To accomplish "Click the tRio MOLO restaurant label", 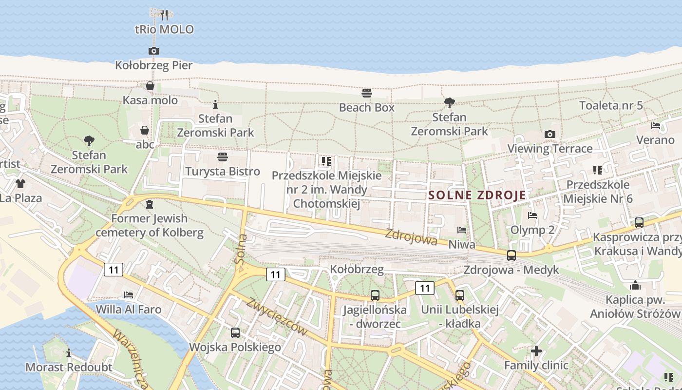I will tap(164, 29).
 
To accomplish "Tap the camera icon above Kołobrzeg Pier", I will tap(153, 51).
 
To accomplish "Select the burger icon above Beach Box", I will tap(367, 93).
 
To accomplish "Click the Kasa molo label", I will tap(150, 100).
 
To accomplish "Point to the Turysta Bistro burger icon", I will tap(223, 157).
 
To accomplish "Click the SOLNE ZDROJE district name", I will tap(477, 195).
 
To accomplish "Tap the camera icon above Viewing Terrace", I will tap(550, 134).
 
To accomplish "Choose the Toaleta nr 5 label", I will tap(611, 105).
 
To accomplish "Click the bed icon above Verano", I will tap(656, 126).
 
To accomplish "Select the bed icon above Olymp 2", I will tap(532, 215).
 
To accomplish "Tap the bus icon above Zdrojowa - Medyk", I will tap(511, 255).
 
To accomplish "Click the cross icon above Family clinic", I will tap(536, 351).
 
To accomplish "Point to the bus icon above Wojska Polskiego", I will tap(235, 333).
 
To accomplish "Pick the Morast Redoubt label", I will tap(69, 367).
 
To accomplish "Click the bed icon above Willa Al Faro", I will tap(129, 294).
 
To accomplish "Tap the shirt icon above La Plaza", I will tap(20, 184).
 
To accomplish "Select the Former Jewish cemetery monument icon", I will tap(150, 204).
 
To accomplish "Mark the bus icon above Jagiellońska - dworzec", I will tap(375, 295).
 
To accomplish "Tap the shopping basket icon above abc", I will tap(145, 130).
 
